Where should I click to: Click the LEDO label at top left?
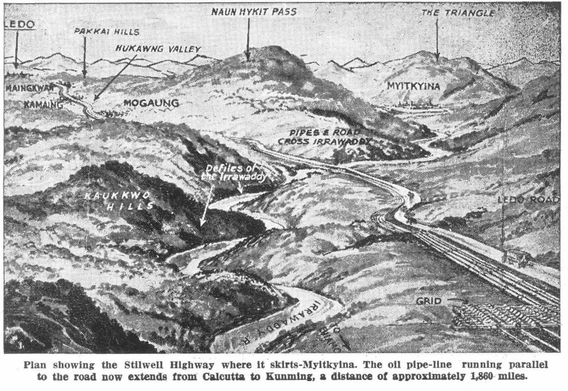click(20, 25)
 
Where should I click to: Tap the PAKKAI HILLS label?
click(106, 31)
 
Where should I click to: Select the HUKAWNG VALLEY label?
click(158, 49)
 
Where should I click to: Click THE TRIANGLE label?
click(458, 13)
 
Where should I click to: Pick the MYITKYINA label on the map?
click(413, 86)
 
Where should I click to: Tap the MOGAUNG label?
click(151, 103)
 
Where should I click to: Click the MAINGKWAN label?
click(29, 88)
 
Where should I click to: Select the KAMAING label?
click(43, 105)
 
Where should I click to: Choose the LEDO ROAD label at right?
click(528, 200)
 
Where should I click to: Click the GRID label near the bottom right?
click(429, 301)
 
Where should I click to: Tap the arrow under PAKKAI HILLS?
click(85, 57)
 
